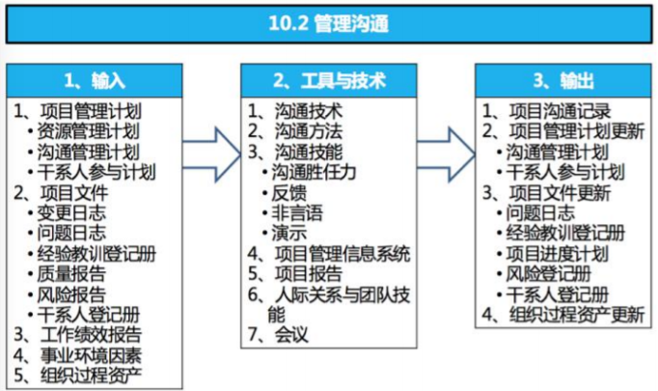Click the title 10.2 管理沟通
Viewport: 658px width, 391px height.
(329, 23)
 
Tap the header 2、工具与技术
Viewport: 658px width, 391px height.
(328, 80)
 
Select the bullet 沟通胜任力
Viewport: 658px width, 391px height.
(315, 173)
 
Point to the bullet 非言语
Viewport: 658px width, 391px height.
(294, 213)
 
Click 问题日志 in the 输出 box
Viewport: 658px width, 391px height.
(540, 213)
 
